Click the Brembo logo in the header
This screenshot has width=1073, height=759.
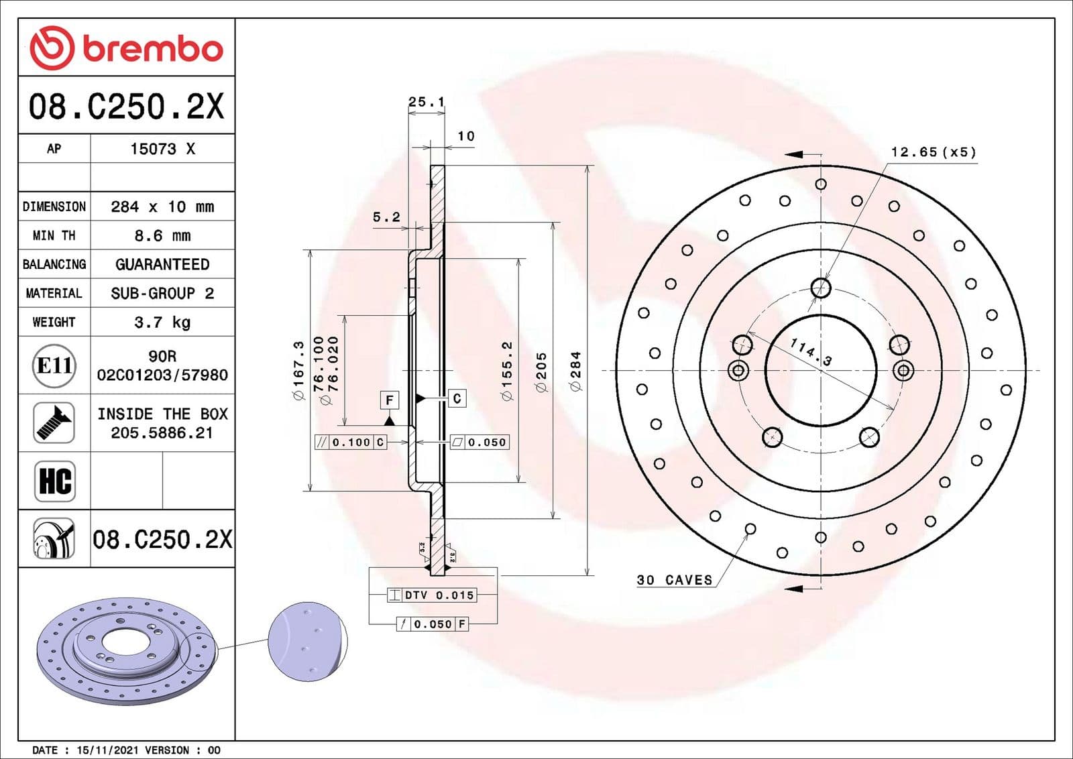coord(126,48)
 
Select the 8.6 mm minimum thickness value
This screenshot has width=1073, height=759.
coord(162,235)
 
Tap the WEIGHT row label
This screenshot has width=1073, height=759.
coord(54,322)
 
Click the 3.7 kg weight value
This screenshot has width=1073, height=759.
coord(162,322)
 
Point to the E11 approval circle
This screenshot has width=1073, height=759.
coord(54,365)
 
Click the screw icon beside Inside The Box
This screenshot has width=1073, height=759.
coord(54,422)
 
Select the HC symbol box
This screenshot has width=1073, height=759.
coord(54,481)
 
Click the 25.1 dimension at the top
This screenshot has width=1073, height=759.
coord(427,102)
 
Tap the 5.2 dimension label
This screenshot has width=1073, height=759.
coord(386,217)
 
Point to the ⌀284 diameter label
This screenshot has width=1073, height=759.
coord(575,371)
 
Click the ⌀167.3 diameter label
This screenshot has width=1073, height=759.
coord(298,371)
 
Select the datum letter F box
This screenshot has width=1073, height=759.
coord(390,400)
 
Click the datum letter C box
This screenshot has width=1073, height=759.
coord(457,398)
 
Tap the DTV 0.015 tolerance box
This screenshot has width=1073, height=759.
coord(433,595)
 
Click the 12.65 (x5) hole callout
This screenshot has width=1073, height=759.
coord(933,152)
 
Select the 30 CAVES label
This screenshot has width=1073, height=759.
coord(674,580)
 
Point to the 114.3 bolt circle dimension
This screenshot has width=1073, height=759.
coord(811,352)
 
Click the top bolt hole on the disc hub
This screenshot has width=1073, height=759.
coord(821,288)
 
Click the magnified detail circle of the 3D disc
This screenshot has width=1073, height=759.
coord(307,641)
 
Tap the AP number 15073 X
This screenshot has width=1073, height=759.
coord(162,149)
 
